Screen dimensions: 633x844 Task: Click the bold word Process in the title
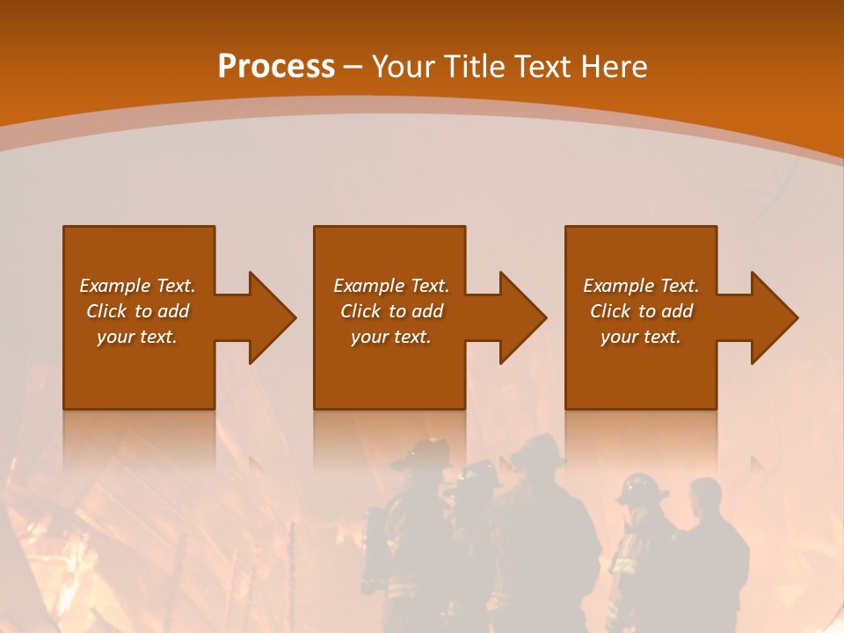pyautogui.click(x=276, y=67)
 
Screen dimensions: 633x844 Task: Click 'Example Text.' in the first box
pyautogui.click(x=137, y=286)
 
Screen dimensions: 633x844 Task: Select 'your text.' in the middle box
pyautogui.click(x=390, y=337)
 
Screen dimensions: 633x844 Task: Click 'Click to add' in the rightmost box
pyautogui.click(x=641, y=311)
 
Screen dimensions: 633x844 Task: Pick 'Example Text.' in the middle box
pyautogui.click(x=390, y=286)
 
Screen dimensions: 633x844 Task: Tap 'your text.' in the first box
pyautogui.click(x=137, y=337)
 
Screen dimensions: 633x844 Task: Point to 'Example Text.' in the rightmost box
pyautogui.click(x=641, y=286)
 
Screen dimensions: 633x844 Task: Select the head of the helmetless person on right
pyautogui.click(x=705, y=498)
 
